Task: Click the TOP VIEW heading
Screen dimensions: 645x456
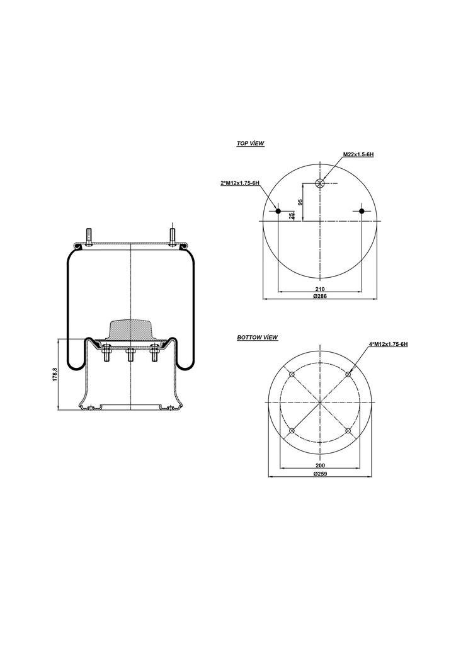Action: tap(250, 144)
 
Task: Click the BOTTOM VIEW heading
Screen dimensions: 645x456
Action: tap(257, 338)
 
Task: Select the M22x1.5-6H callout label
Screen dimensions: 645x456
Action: tap(358, 154)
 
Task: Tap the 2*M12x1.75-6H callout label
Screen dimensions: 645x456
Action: tap(240, 183)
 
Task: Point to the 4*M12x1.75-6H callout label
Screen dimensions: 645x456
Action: tap(389, 344)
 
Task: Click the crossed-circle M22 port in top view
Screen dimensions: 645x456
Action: tap(319, 183)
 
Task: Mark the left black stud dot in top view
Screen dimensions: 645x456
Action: tap(278, 211)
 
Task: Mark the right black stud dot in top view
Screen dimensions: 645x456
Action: tap(362, 211)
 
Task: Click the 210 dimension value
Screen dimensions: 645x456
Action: tap(319, 290)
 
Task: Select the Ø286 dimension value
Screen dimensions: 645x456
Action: tap(319, 297)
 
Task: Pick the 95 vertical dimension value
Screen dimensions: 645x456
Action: tap(301, 202)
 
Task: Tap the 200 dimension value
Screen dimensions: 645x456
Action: tap(319, 466)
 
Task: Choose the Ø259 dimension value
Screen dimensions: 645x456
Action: tap(319, 474)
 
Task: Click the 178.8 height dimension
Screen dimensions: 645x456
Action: tap(55, 375)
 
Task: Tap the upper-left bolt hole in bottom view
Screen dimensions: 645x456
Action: tap(291, 374)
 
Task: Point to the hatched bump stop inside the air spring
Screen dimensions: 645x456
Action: tap(130, 329)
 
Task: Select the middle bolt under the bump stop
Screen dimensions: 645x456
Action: tap(130, 356)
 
